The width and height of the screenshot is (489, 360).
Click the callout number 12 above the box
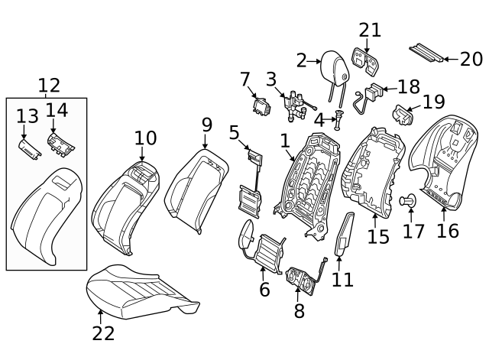click(48, 86)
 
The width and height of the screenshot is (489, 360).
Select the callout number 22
click(103, 333)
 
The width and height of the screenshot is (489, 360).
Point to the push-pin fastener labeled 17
click(409, 202)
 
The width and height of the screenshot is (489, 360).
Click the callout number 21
click(370, 30)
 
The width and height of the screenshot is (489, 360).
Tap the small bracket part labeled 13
click(28, 148)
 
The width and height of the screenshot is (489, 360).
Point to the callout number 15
click(378, 236)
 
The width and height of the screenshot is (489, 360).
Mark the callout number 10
click(145, 138)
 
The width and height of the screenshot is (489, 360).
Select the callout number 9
click(206, 124)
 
